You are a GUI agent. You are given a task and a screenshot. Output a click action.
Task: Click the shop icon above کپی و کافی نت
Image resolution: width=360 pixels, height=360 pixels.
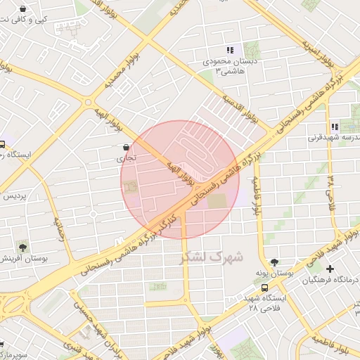click(23, 9)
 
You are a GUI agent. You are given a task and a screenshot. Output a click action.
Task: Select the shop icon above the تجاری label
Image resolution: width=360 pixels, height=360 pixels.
click(125, 148)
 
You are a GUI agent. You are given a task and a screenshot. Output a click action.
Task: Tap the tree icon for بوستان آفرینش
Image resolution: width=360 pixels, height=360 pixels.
click(23, 247)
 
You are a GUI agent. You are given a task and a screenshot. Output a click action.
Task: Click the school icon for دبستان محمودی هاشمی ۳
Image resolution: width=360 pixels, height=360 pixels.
click(229, 50)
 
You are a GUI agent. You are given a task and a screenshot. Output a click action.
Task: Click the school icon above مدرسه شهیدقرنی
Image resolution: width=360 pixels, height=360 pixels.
click(335, 127)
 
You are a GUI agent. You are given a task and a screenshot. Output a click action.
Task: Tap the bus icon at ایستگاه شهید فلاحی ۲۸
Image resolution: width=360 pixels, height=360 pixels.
click(264, 287)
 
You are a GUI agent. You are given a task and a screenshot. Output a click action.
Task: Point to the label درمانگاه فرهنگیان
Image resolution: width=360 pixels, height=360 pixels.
click(330, 281)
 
